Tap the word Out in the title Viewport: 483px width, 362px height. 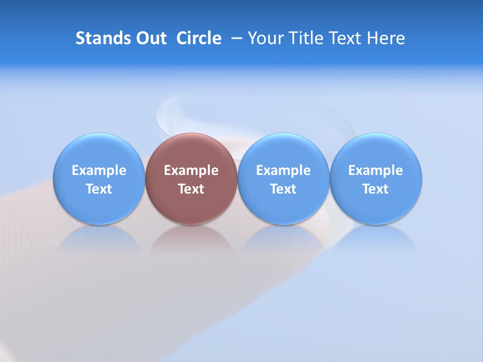150,38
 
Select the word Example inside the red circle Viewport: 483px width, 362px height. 191,170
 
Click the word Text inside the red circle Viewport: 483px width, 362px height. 191,189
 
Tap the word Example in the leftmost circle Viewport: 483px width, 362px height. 99,170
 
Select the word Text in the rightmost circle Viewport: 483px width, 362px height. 376,189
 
